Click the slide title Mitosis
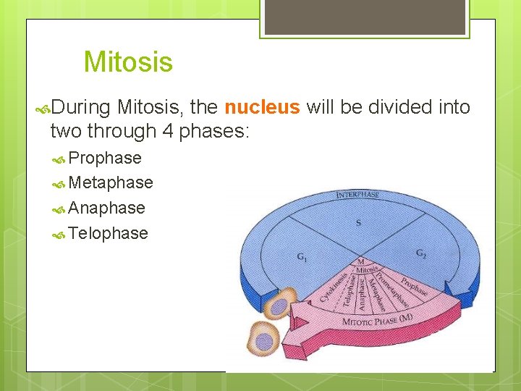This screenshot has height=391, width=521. (x=128, y=62)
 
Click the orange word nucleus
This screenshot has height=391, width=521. (x=262, y=108)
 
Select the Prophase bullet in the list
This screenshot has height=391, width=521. (x=105, y=158)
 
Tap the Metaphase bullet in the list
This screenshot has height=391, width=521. (x=111, y=182)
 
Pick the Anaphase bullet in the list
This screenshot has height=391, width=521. (x=106, y=208)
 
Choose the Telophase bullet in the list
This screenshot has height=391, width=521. (x=108, y=233)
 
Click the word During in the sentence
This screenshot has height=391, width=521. (x=80, y=108)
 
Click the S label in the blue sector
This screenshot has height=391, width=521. (x=358, y=223)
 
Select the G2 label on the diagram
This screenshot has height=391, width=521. (x=421, y=253)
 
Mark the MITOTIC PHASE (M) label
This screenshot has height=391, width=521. (x=376, y=321)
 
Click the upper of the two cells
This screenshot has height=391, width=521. (x=278, y=303)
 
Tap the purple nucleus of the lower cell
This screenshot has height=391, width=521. (x=265, y=340)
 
